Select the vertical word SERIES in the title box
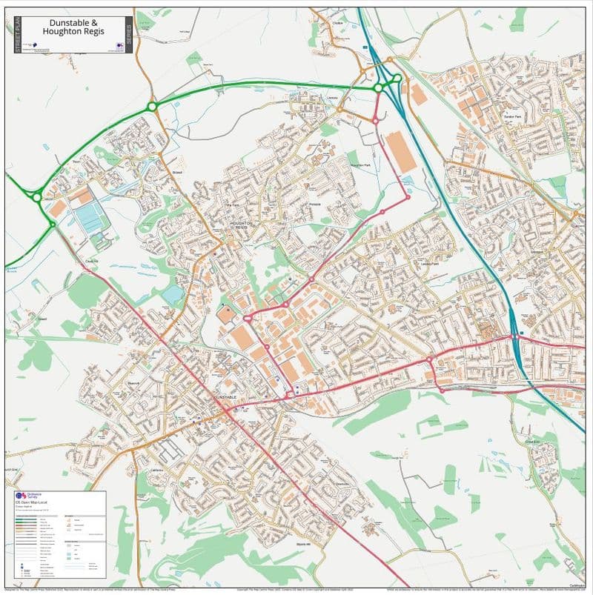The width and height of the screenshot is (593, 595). tap(128, 35)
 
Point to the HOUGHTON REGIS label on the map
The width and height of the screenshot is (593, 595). tap(241, 224)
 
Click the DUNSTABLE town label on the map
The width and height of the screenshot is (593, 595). tap(225, 398)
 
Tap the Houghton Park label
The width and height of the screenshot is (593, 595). tap(359, 165)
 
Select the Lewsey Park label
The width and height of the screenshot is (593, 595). tap(430, 264)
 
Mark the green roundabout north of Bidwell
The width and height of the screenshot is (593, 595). tap(152, 107)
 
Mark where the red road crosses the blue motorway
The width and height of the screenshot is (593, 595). tap(514, 337)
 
